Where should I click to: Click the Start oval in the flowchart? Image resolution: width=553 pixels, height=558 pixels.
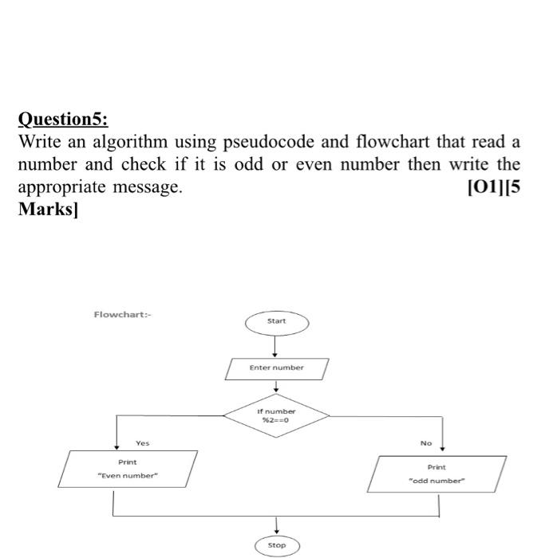(x=276, y=321)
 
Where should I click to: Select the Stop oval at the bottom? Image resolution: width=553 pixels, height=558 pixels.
(x=276, y=545)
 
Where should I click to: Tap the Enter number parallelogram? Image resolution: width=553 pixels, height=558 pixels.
(x=276, y=368)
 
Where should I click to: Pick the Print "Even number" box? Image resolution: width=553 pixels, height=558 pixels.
(x=128, y=469)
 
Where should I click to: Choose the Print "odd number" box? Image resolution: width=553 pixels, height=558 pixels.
(x=436, y=474)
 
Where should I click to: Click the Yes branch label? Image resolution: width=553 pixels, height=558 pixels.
(x=142, y=443)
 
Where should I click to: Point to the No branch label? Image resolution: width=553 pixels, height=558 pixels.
(x=426, y=443)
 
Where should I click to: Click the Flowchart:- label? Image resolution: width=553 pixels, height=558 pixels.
(x=122, y=314)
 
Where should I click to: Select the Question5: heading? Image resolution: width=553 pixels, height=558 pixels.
(x=63, y=120)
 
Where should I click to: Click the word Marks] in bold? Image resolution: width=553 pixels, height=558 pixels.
(x=48, y=210)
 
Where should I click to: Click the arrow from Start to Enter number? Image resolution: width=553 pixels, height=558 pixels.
(x=275, y=344)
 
